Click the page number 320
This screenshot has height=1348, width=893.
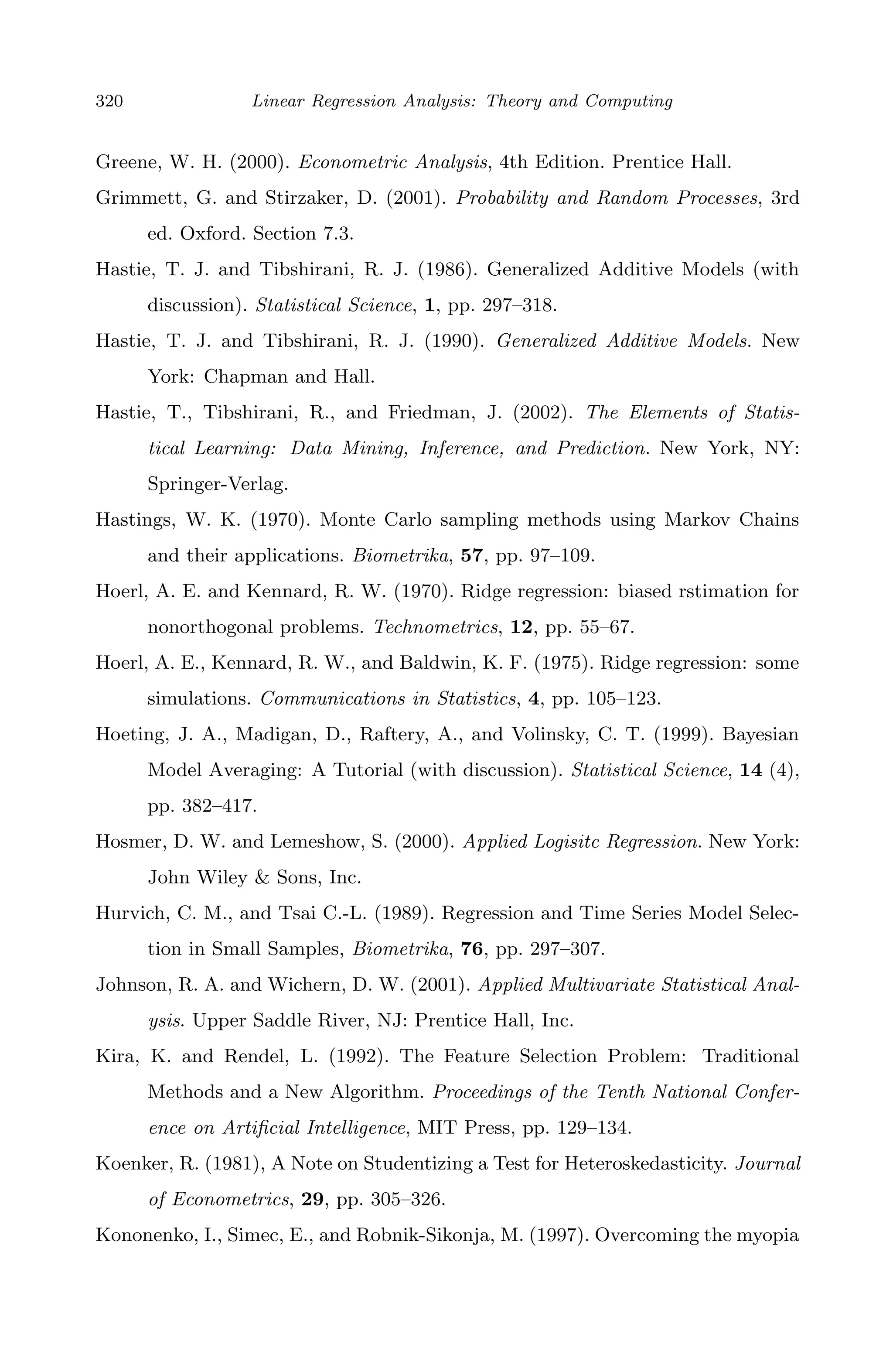[109, 101]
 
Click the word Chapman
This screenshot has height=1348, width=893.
[238, 377]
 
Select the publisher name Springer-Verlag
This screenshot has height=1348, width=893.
[218, 484]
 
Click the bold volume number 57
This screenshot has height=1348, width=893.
[471, 555]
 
